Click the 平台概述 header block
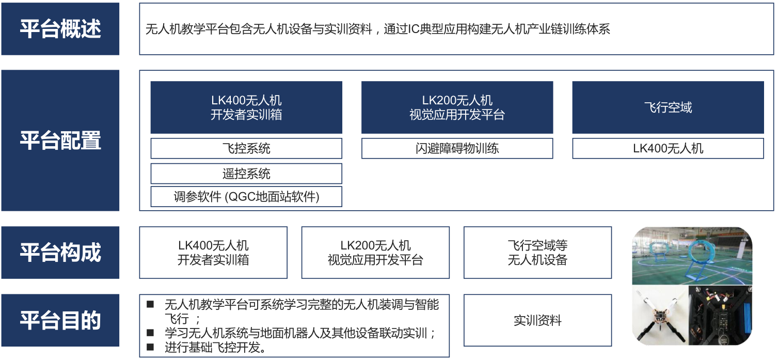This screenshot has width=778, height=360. (x=60, y=29)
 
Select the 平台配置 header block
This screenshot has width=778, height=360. (x=60, y=140)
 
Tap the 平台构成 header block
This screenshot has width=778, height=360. (x=60, y=253)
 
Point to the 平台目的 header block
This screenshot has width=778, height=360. (x=60, y=320)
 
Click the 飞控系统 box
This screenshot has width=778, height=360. (x=246, y=148)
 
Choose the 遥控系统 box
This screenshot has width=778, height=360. (x=246, y=174)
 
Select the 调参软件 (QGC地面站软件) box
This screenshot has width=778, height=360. (x=246, y=197)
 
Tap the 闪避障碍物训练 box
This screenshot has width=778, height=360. (x=457, y=148)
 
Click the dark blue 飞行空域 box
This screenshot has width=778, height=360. (x=668, y=107)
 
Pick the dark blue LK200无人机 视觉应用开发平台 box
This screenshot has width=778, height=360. (x=457, y=107)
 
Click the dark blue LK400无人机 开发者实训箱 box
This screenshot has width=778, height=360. (x=246, y=107)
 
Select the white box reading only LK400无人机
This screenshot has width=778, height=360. (x=668, y=148)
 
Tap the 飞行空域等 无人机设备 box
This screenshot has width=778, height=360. (x=537, y=253)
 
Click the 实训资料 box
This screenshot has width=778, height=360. (x=537, y=320)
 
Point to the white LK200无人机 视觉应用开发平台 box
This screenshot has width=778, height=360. (x=375, y=253)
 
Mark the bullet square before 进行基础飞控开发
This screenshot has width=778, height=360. (x=150, y=347)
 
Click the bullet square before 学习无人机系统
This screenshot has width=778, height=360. (x=150, y=333)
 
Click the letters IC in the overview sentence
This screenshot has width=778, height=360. (x=414, y=29)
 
